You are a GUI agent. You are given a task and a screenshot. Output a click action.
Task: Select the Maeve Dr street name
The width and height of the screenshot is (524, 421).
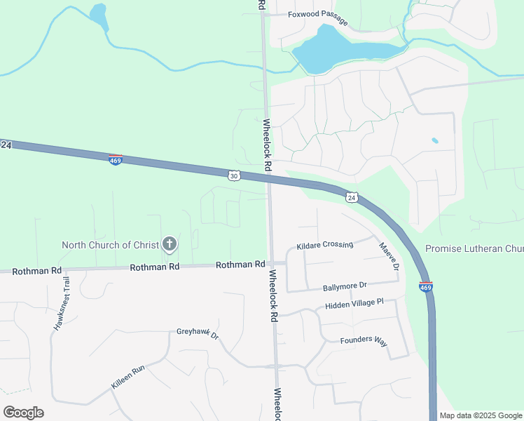coord(388,257)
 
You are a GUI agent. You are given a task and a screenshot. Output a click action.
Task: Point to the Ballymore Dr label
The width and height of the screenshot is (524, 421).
coord(345,286)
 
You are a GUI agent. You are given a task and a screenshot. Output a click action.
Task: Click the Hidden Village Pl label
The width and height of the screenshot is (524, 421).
coord(354,305)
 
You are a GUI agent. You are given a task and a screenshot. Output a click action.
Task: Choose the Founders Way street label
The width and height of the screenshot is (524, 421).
coord(364,341)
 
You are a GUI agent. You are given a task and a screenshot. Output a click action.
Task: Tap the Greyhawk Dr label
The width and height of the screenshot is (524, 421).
coord(198,333)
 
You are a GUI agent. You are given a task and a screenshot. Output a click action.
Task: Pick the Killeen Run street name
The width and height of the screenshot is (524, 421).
coord(128,377)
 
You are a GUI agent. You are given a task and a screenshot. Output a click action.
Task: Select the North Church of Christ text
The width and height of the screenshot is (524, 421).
coord(110,245)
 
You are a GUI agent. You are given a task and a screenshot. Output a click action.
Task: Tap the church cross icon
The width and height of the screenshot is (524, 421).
coord(169,244)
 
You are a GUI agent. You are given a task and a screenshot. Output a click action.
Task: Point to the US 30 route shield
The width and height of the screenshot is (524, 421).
coord(234,175)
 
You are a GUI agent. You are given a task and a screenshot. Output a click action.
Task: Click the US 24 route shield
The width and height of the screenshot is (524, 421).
coord(352,197)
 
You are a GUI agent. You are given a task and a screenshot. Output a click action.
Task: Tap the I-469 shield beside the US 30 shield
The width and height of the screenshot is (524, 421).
coord(116,160)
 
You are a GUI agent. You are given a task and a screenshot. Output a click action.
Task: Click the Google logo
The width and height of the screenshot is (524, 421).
coord(23,413)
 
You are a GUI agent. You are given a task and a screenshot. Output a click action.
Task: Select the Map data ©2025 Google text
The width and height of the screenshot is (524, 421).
coord(480,415)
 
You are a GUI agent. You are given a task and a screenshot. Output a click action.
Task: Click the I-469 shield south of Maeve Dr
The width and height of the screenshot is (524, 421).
coord(425,286)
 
